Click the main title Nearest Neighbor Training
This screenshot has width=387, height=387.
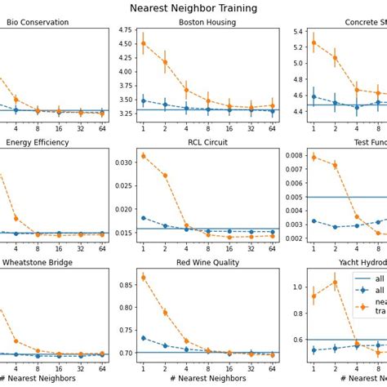(x=193, y=8)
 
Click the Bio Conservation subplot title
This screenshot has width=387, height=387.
(x=38, y=22)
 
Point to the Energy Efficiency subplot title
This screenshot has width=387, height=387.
(x=38, y=142)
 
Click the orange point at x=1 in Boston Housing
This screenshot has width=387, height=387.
(x=144, y=43)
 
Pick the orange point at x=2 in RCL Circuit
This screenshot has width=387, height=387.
(x=165, y=176)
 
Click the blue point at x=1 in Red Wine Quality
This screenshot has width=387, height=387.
(x=144, y=338)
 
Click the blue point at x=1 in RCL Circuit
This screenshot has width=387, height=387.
(x=144, y=218)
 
